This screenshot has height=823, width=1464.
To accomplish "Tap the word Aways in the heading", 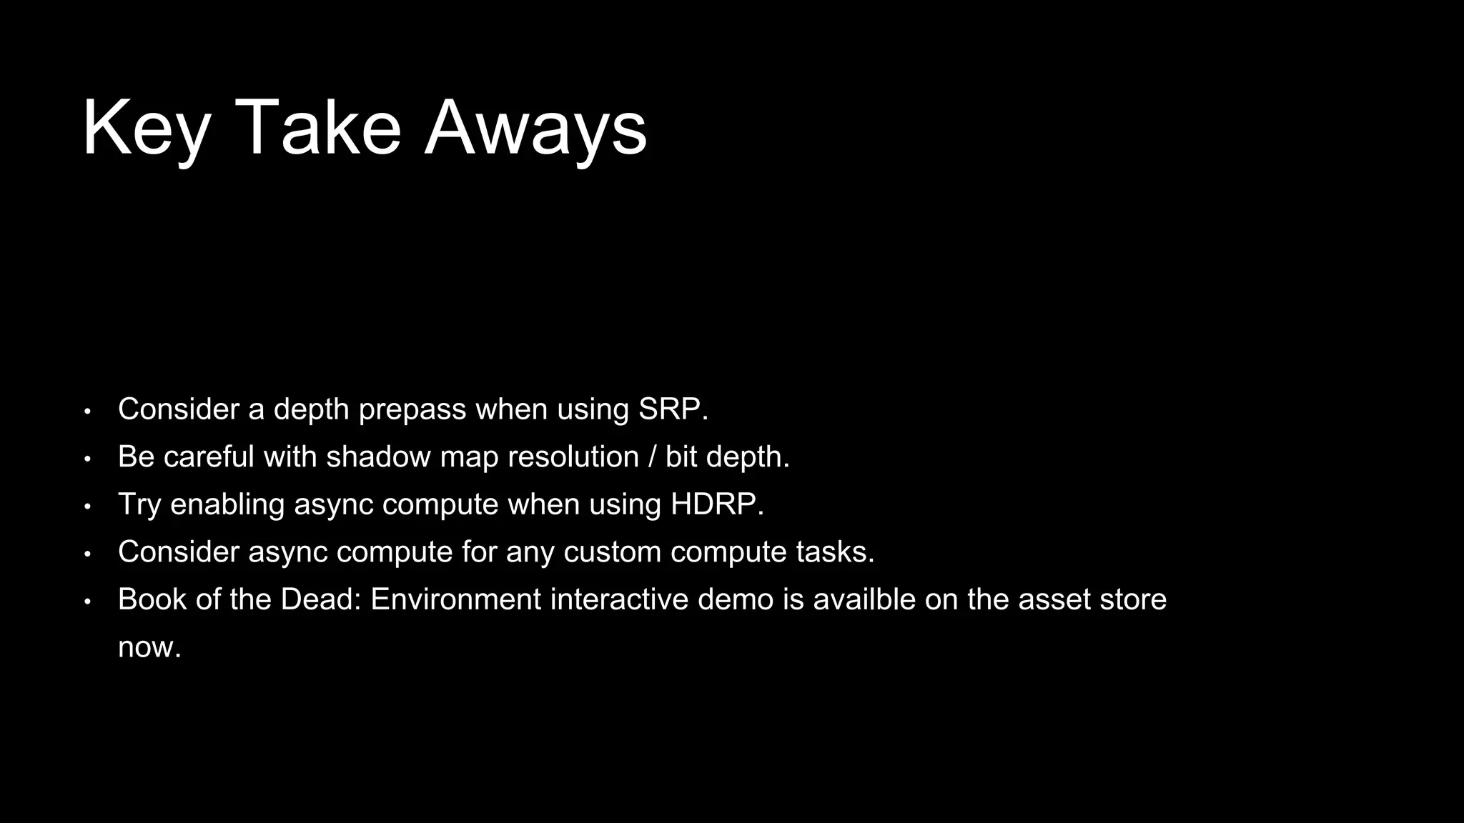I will click(535, 129).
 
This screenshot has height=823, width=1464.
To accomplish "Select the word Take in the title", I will click(317, 129).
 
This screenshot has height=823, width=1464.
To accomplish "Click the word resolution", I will click(540, 457).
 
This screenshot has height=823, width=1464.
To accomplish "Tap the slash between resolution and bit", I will click(652, 457).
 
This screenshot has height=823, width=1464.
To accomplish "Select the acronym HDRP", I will click(716, 504).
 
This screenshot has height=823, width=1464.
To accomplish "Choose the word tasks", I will click(834, 552).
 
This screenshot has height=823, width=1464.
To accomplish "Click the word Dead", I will click(320, 599).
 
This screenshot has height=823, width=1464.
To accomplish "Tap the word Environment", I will click(455, 599).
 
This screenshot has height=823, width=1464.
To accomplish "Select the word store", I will click(1132, 599).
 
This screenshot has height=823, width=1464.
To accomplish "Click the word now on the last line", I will click(149, 648).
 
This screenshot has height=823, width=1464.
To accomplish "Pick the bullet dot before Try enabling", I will click(87, 507).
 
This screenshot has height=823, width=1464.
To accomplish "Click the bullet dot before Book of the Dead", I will click(87, 602).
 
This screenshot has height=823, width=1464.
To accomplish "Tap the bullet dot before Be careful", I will click(87, 459).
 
